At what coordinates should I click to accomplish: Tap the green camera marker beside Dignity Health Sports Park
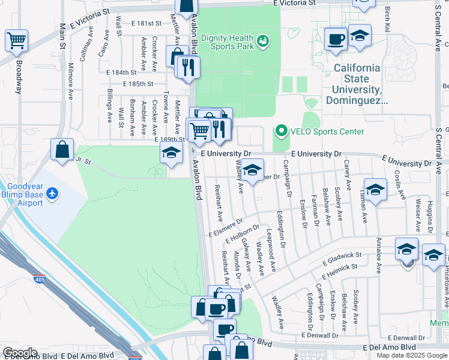(x=262, y=41)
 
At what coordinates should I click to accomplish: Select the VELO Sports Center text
(x=327, y=131)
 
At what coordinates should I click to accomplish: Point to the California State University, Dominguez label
(x=357, y=85)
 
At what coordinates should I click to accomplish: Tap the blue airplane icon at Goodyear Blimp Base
(x=53, y=193)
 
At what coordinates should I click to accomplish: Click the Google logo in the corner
(x=19, y=353)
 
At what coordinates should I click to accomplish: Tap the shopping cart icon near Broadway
(x=17, y=41)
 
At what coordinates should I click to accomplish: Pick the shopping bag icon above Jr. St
(x=62, y=150)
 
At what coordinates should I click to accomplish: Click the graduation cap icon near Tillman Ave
(x=375, y=190)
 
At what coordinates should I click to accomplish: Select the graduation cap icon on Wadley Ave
(x=252, y=170)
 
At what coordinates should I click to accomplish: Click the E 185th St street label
(x=139, y=85)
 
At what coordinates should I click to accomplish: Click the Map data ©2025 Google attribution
(x=411, y=355)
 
